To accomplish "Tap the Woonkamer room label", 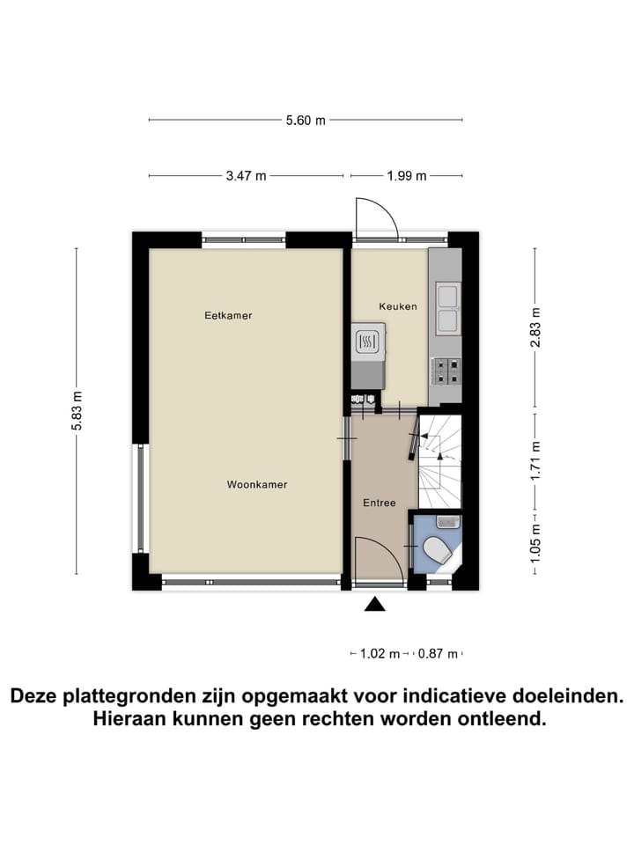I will point(257,485).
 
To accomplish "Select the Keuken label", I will point(398,306).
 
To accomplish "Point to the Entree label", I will point(380,503).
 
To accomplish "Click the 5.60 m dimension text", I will point(306,121).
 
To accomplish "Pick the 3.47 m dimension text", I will point(246,176).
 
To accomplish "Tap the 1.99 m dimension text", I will point(406,176).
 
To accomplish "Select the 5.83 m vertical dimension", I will point(77,410).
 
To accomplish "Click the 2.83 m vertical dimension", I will point(534,327).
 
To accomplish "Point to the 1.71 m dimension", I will point(534,458).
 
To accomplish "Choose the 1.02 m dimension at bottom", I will point(380,654).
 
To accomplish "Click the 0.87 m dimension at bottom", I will point(439,654).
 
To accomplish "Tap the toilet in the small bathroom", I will point(438,551).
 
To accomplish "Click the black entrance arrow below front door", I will point(375,604).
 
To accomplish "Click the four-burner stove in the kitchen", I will point(445,371).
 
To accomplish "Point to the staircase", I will point(439,461).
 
